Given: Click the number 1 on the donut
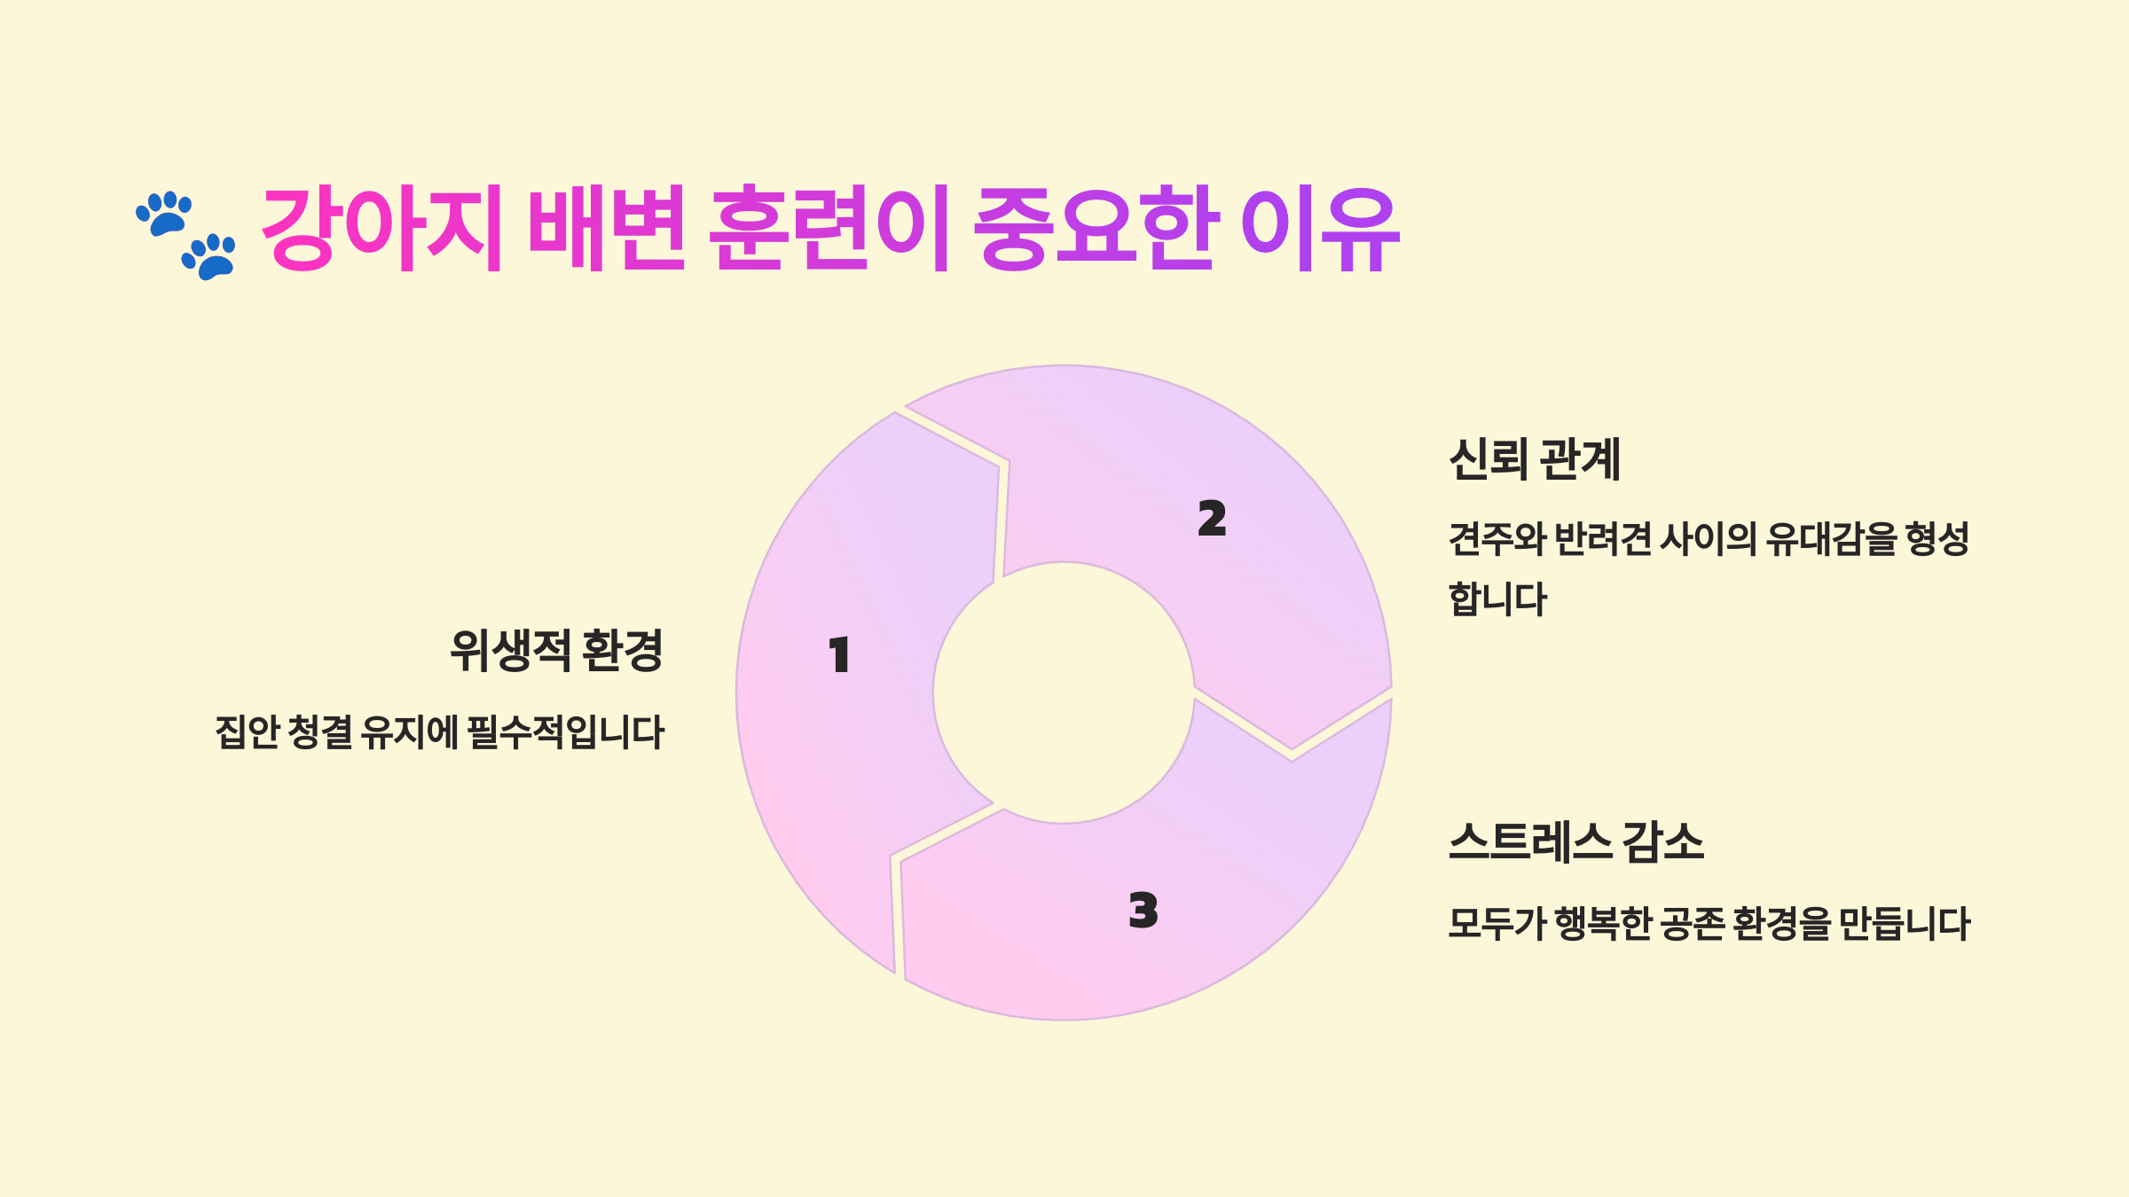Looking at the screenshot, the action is point(839,655).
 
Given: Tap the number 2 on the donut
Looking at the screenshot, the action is point(1212,519).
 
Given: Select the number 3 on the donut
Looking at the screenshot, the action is point(1143,911).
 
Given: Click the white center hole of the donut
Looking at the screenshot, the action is point(1064,692).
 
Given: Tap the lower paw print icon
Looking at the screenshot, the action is point(210,256).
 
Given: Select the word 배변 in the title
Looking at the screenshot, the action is point(607,228).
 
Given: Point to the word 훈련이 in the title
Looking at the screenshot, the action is point(830,228).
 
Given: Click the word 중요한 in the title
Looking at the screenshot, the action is point(1095,228).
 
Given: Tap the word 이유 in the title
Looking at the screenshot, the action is point(1320,228).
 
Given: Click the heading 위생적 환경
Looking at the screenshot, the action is point(556,651).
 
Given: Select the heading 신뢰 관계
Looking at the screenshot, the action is point(1535,459).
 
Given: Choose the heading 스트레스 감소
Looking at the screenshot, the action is point(1576,841).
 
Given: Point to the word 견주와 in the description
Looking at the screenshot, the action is point(1497,539).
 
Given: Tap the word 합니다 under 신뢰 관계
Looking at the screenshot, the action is point(1497,599).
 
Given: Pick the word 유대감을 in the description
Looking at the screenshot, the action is point(1831,539).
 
